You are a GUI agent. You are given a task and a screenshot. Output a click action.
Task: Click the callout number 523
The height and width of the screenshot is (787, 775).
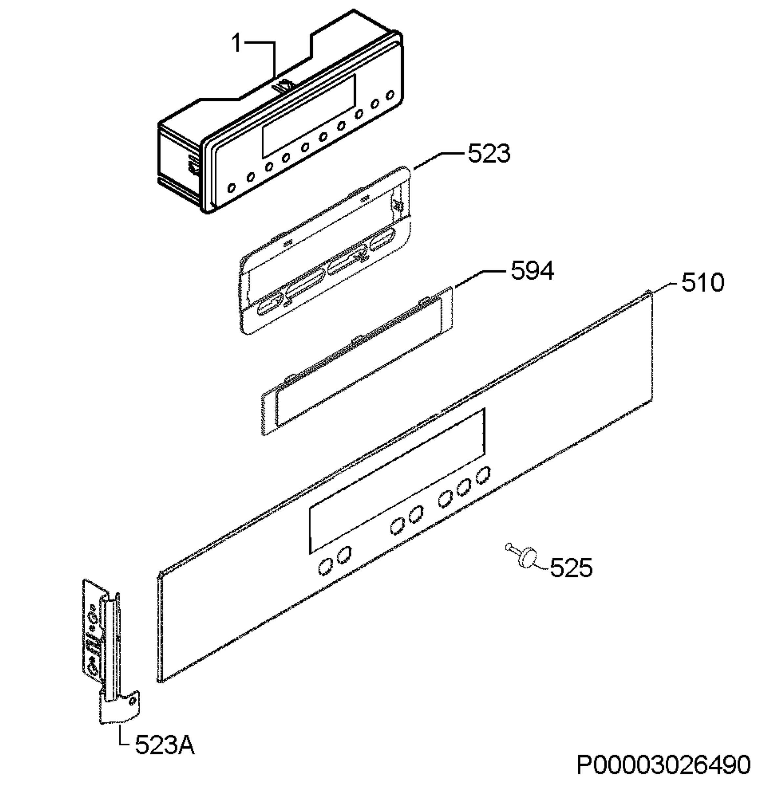[489, 154]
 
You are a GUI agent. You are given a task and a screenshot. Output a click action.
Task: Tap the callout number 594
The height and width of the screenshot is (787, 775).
[532, 271]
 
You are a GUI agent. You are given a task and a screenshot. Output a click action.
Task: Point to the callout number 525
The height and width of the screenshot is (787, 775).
[571, 568]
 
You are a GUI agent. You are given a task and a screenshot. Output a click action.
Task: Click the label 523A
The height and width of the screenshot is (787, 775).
[164, 757]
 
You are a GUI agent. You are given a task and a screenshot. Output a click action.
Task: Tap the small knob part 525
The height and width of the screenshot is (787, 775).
[524, 555]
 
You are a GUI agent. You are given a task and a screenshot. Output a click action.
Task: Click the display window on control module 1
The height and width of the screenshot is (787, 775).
[308, 116]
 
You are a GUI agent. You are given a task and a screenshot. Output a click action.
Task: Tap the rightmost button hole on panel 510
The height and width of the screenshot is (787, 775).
[483, 475]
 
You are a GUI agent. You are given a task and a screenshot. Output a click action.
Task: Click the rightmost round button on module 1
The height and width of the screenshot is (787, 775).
[390, 95]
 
